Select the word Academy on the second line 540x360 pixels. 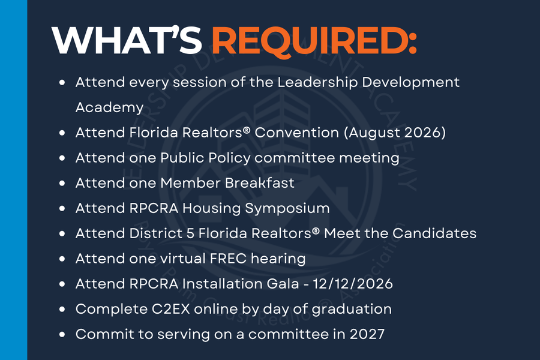(110, 108)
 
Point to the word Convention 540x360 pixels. (297, 133)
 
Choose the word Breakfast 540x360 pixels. (260, 183)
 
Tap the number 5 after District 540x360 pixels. (190, 233)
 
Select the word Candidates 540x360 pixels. (434, 233)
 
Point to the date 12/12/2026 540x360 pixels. (353, 284)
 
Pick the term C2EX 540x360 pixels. (171, 309)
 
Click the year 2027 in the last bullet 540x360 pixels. (367, 334)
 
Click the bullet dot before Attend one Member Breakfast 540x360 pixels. (62, 183)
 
